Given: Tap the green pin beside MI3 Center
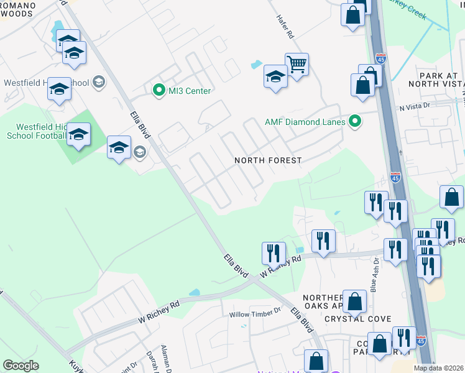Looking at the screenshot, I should (158, 91).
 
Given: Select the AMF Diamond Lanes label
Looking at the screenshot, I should (305, 122).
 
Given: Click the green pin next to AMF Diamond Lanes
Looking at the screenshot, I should (355, 121).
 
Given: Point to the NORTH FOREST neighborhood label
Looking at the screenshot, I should (268, 160).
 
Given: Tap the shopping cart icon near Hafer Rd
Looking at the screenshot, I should (297, 63).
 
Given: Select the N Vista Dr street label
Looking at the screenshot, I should (415, 107).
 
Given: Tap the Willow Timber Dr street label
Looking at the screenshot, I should (256, 315).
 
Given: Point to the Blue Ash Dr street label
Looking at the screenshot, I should (374, 281).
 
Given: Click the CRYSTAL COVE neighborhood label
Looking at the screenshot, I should (358, 319).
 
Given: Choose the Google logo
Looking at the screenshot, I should (21, 366).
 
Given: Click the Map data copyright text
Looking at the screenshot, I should (439, 368).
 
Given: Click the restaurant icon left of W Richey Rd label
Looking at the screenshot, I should (274, 253).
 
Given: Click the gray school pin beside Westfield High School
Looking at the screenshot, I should (98, 81).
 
